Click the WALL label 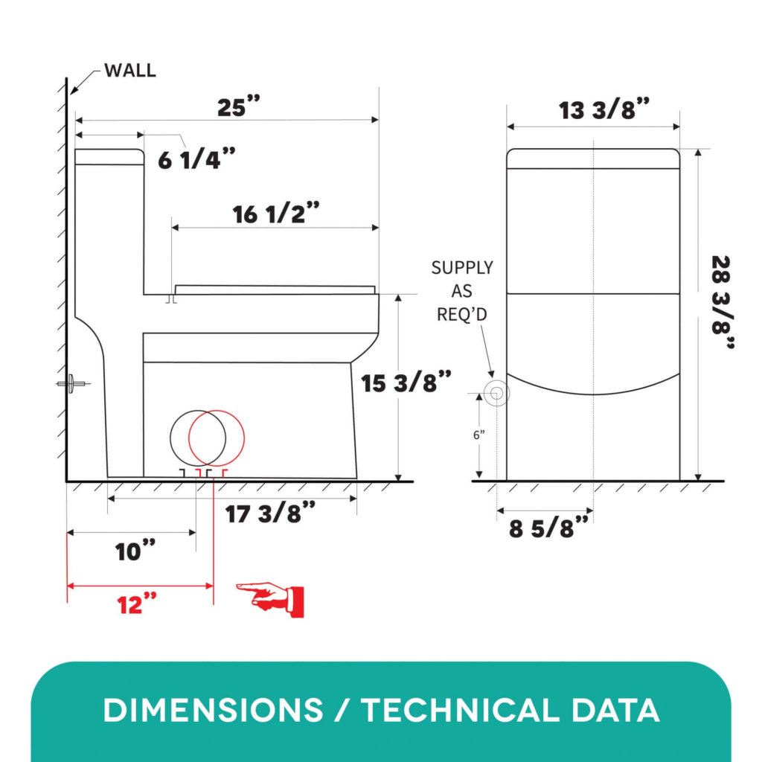click(x=129, y=71)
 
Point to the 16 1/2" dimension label click(x=276, y=213)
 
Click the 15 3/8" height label click(x=406, y=382)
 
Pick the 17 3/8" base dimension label click(x=270, y=513)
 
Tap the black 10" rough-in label click(x=135, y=551)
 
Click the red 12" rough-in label click(x=137, y=604)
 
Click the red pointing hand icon click(x=270, y=600)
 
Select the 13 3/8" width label click(x=603, y=109)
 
